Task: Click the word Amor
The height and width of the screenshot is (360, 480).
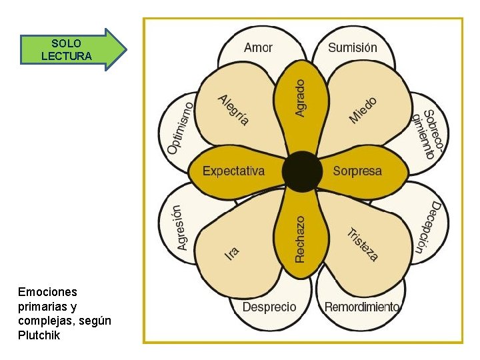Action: point(258,47)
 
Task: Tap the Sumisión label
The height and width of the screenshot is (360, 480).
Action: point(353,47)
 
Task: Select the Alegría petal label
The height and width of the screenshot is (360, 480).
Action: point(233,110)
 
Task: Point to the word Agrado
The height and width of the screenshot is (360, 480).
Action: point(301,99)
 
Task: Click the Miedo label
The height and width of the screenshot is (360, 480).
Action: point(364,110)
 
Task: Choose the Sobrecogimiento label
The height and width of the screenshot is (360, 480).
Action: point(424,133)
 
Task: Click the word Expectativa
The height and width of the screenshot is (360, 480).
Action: point(233,171)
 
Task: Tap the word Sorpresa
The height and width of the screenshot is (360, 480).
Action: point(358,171)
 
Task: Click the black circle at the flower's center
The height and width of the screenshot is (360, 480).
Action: point(302,171)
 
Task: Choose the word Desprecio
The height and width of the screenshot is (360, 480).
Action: point(269,307)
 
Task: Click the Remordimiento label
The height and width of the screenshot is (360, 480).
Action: point(362,307)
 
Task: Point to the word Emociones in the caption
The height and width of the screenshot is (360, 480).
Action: point(48,292)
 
